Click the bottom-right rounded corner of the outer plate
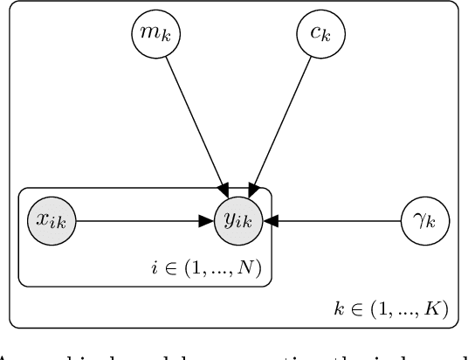(x=455, y=324)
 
